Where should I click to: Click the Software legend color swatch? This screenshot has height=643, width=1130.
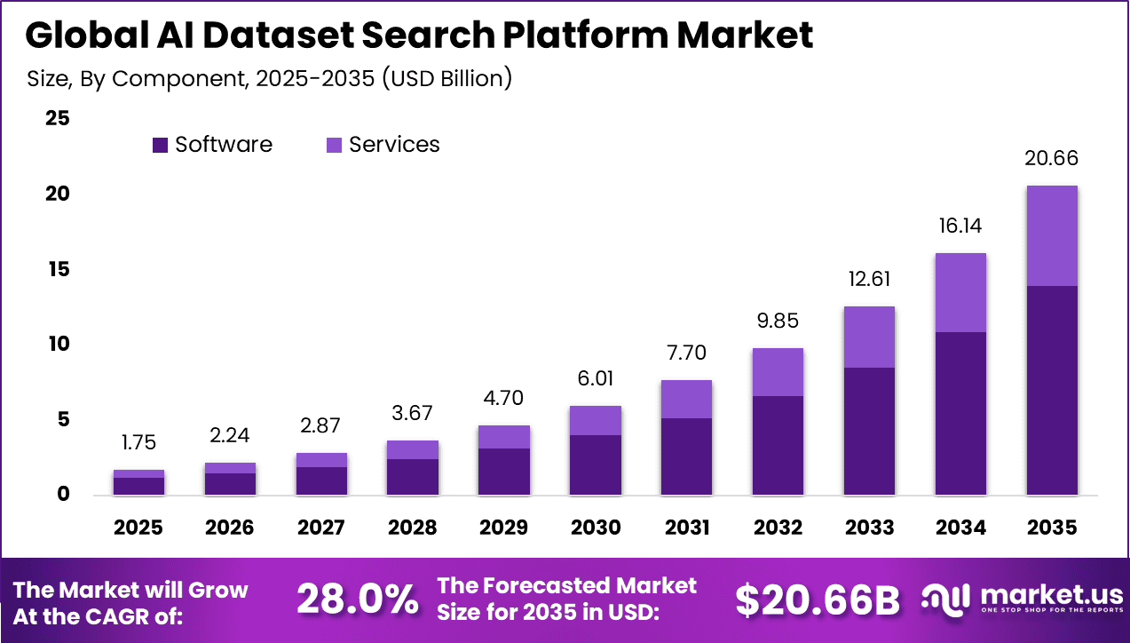tap(161, 145)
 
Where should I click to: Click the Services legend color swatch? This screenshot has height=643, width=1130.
tap(334, 145)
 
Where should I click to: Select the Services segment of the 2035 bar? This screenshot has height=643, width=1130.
tap(1052, 235)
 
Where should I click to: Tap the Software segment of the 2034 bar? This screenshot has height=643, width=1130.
tap(960, 413)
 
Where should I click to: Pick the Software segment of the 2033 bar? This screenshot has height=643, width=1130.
tap(869, 431)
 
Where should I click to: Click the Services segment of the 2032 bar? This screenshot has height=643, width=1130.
tap(778, 372)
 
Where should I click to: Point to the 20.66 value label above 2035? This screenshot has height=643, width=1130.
tap(1052, 159)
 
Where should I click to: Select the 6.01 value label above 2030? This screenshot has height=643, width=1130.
tap(596, 379)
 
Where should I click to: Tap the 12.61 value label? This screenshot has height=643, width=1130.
tap(869, 280)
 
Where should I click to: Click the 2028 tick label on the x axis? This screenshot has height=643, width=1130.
tap(413, 528)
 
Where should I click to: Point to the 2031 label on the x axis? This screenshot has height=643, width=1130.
tap(687, 528)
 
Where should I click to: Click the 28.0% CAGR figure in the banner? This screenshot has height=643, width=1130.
tap(357, 600)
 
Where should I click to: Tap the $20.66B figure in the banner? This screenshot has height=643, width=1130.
tap(817, 600)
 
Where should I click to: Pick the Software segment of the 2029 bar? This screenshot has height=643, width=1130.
tap(504, 472)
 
